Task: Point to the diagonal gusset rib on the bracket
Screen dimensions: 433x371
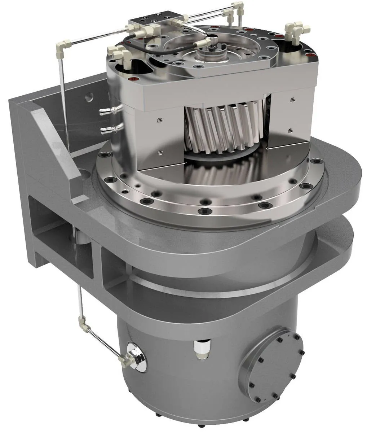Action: (x=58, y=144)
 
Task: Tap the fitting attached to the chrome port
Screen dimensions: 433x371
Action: (x=126, y=359)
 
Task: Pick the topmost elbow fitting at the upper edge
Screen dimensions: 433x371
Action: (x=238, y=5)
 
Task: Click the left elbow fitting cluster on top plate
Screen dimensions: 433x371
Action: (x=121, y=56)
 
